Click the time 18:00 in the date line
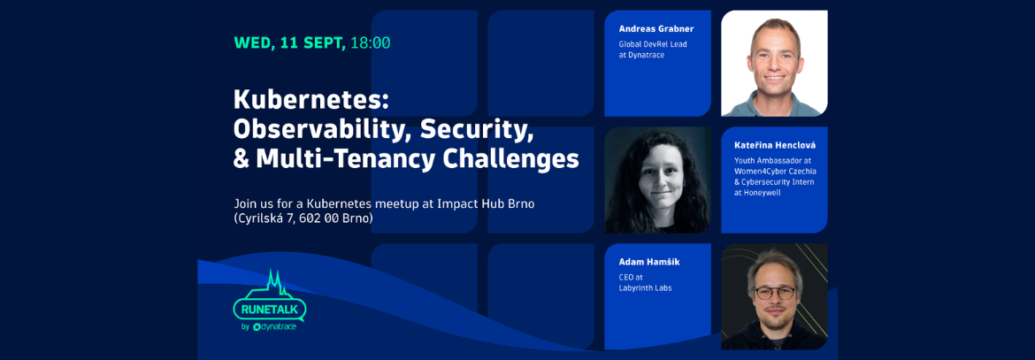point(371,43)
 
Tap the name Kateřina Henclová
point(769,144)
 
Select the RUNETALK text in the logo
point(269,309)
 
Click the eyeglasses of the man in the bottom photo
point(775,293)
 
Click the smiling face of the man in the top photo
point(775,57)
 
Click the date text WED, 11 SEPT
point(290,43)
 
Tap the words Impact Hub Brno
point(485,203)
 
